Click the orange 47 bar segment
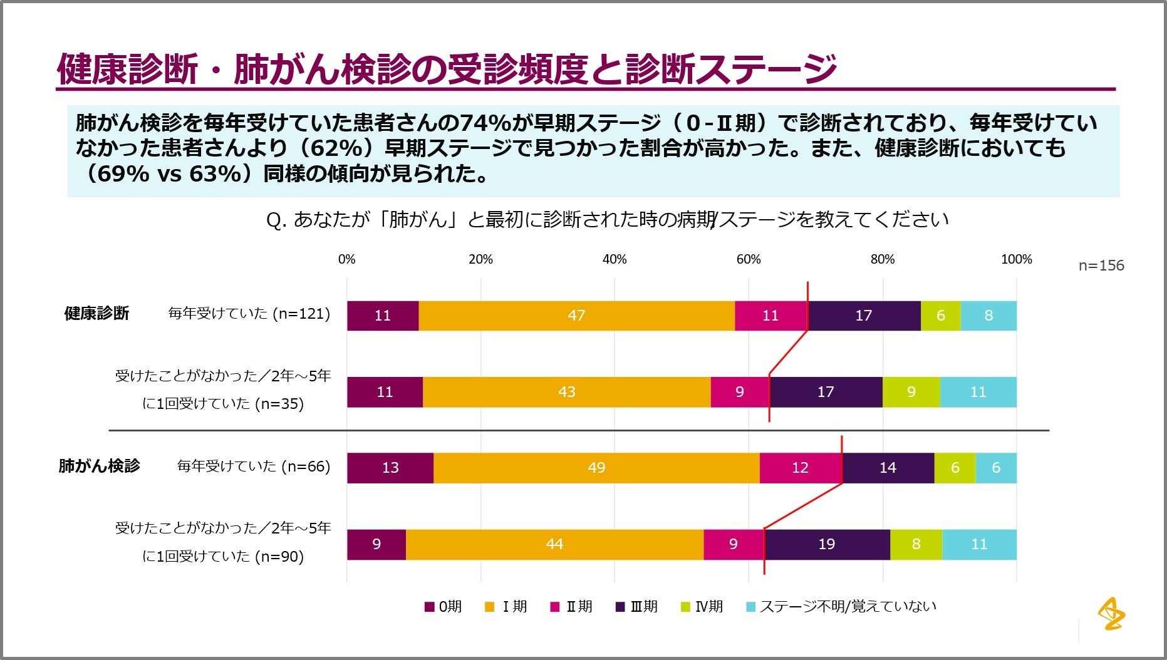click(x=576, y=316)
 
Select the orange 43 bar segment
click(x=566, y=392)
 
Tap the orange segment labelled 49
click(x=596, y=468)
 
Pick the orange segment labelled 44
click(x=554, y=544)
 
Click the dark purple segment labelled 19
click(x=827, y=544)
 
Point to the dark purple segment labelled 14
click(x=888, y=468)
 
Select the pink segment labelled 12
click(x=801, y=468)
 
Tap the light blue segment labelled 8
click(x=988, y=316)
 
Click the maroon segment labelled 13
click(x=390, y=468)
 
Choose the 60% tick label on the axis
click(x=749, y=259)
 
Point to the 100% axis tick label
click(x=1016, y=259)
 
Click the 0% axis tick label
click(x=346, y=259)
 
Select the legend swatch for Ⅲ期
click(x=621, y=607)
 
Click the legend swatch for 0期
click(x=430, y=607)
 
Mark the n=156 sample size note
click(x=1101, y=266)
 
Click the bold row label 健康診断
click(x=96, y=313)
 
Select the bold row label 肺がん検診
click(x=99, y=466)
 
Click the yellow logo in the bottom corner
click(x=1111, y=613)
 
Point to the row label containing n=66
click(x=254, y=467)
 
